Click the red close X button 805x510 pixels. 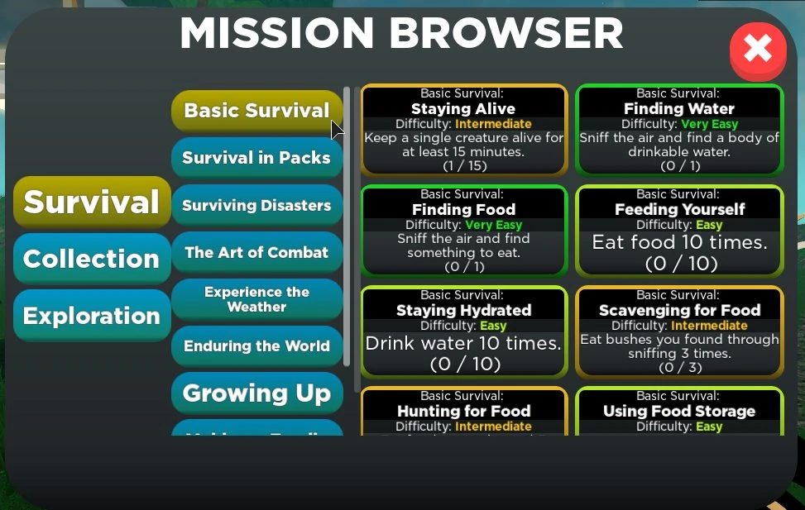point(757,50)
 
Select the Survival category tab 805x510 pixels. point(92,202)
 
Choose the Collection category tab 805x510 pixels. point(92,259)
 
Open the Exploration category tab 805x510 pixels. point(92,316)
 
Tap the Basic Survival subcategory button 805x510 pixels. point(256,111)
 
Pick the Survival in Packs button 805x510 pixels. point(256,158)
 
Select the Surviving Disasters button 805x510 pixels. point(256,205)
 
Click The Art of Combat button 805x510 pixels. point(256,252)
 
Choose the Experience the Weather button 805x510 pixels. point(256,299)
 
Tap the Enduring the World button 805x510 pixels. point(256,346)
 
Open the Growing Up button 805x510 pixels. point(256,393)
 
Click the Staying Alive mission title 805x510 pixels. point(463,109)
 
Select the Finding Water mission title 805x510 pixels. point(679,109)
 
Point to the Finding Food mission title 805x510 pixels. point(463,210)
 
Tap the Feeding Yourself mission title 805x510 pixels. point(679,210)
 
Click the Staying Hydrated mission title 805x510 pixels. point(463,311)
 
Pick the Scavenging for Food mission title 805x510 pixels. point(679,311)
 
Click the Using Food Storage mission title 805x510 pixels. point(679,412)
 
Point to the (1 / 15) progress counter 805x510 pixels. point(463,165)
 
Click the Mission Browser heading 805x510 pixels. point(401,34)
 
